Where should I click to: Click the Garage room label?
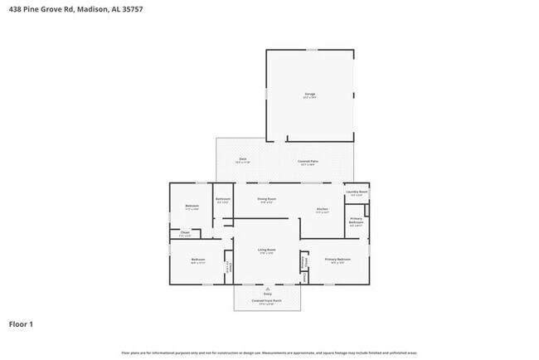tap(309, 95)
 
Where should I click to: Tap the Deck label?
tap(243, 159)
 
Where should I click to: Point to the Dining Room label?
tap(266, 199)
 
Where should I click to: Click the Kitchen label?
tap(322, 209)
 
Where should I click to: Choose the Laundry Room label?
tap(357, 192)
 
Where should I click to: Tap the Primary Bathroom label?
tap(356, 221)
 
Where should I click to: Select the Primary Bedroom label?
tap(337, 260)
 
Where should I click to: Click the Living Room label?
tap(266, 250)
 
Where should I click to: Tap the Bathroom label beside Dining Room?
tap(223, 199)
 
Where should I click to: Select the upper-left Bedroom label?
tap(192, 206)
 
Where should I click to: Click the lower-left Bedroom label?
tap(198, 260)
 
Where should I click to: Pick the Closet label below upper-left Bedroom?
tap(185, 233)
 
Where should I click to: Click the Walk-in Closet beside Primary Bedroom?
tap(304, 262)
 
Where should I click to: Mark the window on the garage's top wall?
tap(311, 50)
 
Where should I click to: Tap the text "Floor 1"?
tap(22, 324)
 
